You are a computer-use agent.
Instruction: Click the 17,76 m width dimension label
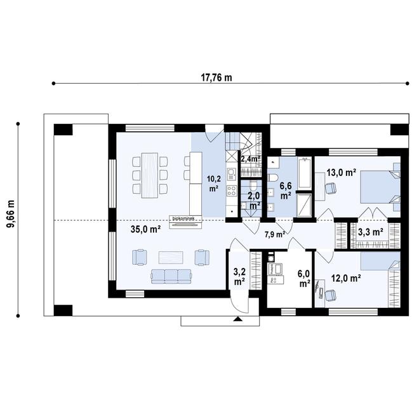click(x=216, y=78)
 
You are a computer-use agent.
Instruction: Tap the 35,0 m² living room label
click(x=145, y=230)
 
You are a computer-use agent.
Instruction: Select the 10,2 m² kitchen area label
click(x=213, y=183)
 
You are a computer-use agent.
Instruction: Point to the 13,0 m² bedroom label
click(x=341, y=172)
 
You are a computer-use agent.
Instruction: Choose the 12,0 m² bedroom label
click(x=346, y=277)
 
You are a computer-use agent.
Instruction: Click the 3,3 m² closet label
click(x=370, y=232)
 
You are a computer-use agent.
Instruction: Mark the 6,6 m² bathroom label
click(x=285, y=190)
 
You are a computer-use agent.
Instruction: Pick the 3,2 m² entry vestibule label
click(x=239, y=276)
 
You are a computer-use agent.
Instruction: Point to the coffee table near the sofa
click(x=171, y=257)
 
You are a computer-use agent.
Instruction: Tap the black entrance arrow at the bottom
click(x=238, y=321)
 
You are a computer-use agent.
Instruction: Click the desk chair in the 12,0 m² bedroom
click(x=331, y=293)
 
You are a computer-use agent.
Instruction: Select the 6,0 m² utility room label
click(x=304, y=279)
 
